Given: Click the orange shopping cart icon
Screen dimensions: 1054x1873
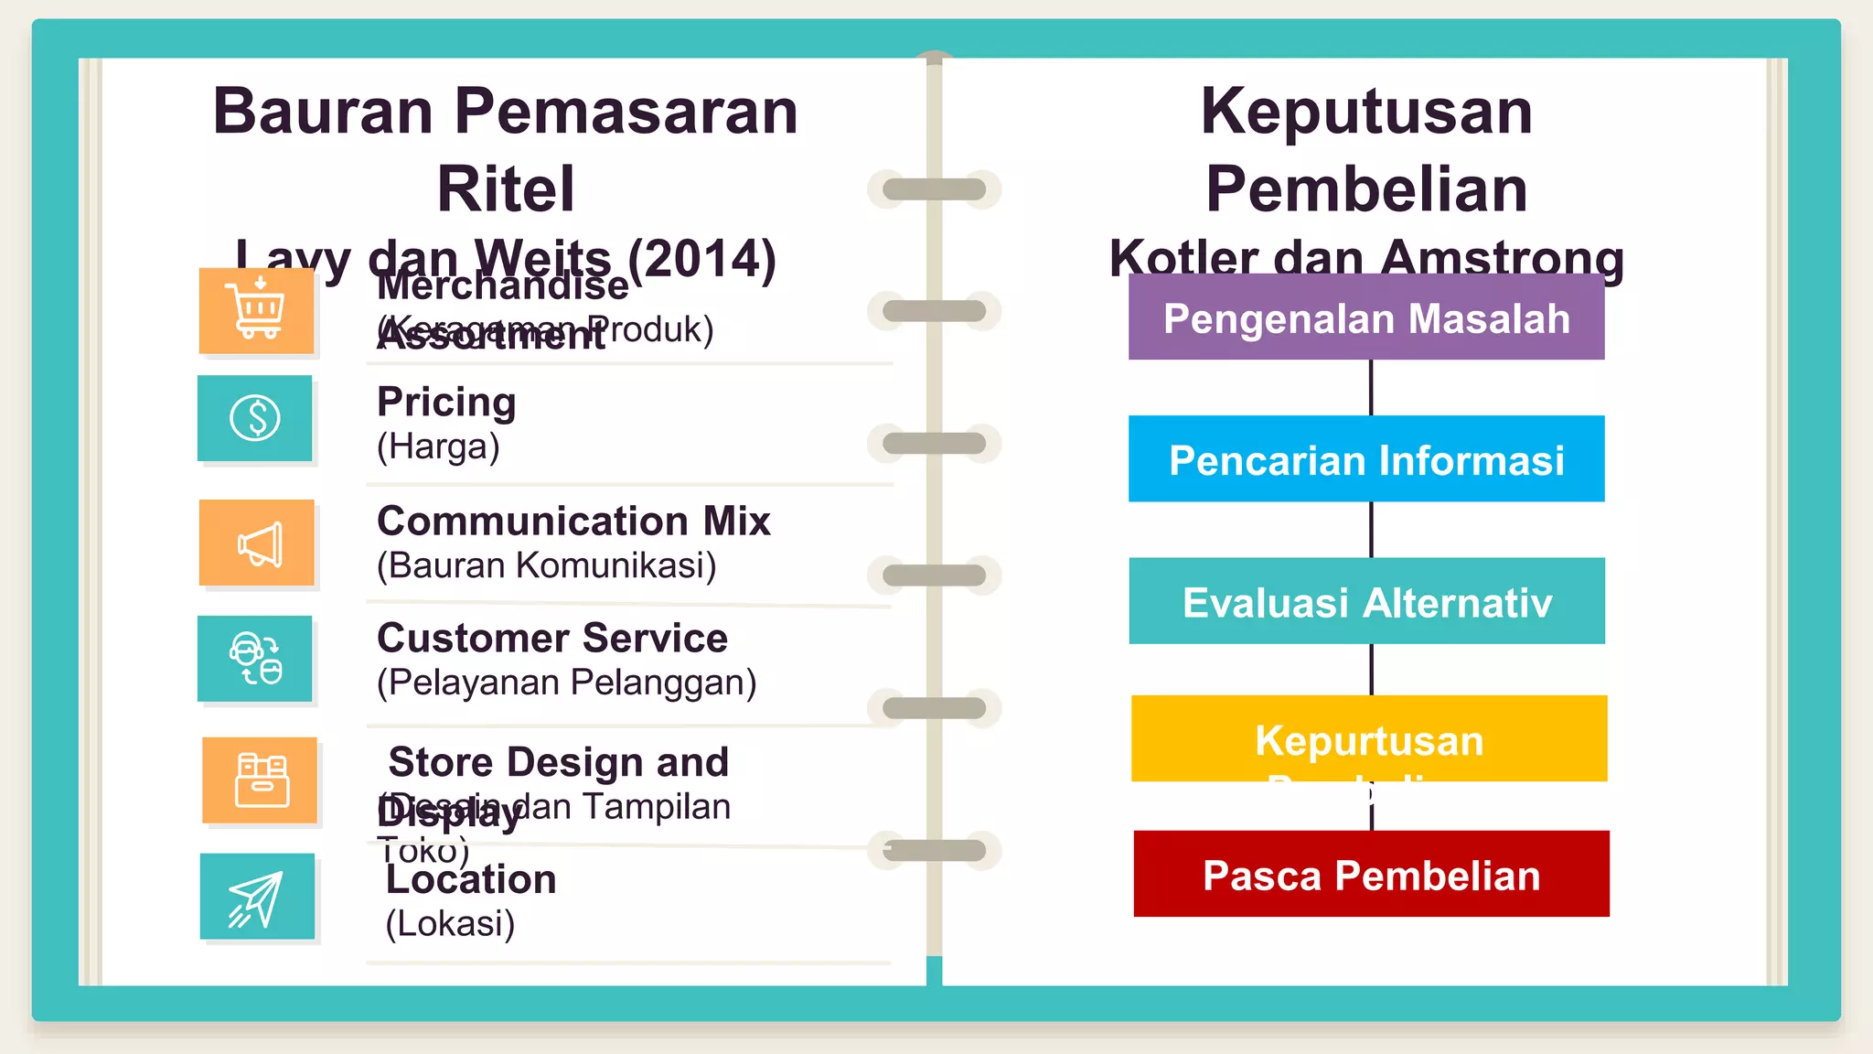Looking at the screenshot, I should coord(257,310).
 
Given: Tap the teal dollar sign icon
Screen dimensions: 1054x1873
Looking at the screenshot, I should coord(255,418).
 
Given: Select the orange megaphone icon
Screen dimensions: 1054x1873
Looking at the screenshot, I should coord(258,543).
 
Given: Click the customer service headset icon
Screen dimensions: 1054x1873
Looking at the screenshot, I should coord(255,659).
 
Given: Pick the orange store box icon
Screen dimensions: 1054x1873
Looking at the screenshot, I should coord(261,780).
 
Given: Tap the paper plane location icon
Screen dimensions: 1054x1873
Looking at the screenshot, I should coord(257,898).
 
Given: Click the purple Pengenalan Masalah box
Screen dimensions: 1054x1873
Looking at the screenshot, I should coord(1366,317).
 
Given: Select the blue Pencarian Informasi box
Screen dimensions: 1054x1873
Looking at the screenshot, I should coord(1366,459).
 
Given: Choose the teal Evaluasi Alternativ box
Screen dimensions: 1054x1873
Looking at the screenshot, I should coord(1366,601).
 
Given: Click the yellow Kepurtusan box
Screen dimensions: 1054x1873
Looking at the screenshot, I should coord(1369,738).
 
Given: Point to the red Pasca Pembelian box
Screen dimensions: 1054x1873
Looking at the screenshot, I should coord(1371,875).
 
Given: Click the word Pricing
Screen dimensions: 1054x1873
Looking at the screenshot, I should coord(446,402).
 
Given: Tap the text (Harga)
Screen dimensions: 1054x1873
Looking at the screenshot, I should coord(438,446).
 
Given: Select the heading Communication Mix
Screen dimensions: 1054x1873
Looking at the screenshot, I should coord(573,521).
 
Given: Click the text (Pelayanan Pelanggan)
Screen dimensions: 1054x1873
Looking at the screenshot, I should coord(566,683).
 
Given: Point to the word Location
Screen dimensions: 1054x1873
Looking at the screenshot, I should coord(471,879).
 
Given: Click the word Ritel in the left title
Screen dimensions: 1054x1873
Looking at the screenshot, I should coord(506,189).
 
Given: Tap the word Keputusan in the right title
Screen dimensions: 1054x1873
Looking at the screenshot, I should coord(1366,111).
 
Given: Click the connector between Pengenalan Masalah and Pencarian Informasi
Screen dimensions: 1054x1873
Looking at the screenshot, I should coord(1371,387).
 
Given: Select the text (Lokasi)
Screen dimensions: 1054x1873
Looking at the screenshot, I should coord(450,923).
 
